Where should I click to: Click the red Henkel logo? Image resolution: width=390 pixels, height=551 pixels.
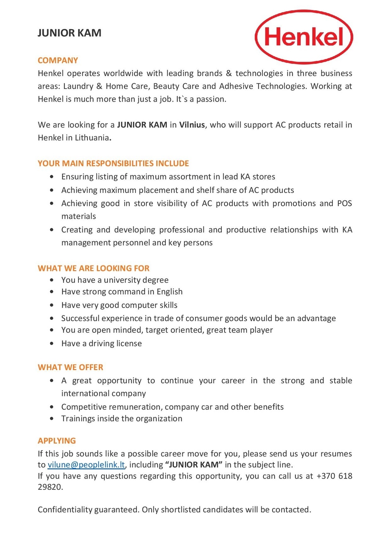[304, 36]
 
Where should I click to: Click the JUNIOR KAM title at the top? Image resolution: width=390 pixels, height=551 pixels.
[70, 33]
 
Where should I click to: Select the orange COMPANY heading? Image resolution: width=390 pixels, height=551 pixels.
[58, 60]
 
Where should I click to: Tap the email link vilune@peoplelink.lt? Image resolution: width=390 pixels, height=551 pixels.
[86, 465]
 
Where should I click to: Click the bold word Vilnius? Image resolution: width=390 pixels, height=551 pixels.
[192, 125]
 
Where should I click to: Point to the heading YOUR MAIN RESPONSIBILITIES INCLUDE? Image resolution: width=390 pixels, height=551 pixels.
[113, 163]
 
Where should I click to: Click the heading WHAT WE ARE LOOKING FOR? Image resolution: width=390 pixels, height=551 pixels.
[94, 268]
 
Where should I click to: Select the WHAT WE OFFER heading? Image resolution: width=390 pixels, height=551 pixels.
[71, 367]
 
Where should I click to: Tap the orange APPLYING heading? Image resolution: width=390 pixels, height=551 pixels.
[57, 441]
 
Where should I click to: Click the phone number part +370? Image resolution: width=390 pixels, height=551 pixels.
[325, 476]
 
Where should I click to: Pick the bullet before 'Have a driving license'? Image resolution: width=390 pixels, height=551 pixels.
[52, 343]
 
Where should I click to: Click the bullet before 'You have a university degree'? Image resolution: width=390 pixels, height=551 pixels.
[52, 280]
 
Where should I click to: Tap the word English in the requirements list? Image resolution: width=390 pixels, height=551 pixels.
[169, 292]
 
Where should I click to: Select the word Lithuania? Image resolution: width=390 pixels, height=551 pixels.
[92, 138]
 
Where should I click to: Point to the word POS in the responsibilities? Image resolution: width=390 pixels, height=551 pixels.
[344, 203]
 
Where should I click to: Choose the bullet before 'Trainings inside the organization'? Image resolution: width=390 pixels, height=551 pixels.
[52, 419]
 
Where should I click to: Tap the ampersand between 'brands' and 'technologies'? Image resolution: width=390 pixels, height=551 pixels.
[229, 73]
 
